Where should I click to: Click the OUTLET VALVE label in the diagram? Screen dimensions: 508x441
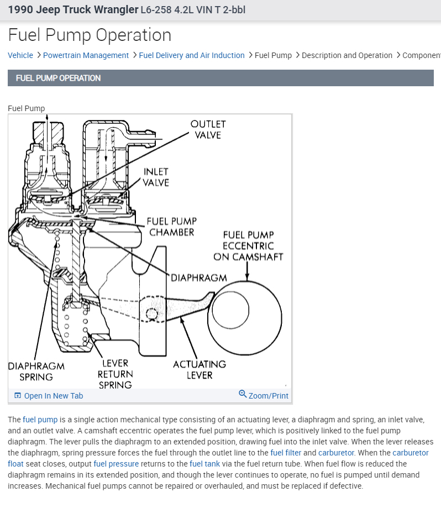[208, 129]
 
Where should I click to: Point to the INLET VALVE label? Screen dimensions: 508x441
[156, 177]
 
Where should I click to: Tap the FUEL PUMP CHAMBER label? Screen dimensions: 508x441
[171, 227]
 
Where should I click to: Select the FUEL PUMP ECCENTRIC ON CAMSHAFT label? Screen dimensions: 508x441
[248, 245]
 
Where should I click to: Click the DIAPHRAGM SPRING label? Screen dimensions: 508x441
[36, 371]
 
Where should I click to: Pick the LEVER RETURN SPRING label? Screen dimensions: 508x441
[115, 374]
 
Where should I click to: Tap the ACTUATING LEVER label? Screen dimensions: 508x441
[199, 369]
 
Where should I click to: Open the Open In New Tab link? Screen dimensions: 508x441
[53, 396]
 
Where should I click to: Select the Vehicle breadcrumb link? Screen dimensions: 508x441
[20, 55]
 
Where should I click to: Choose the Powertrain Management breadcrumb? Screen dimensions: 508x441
[86, 55]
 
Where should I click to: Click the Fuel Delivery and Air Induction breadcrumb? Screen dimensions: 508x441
[192, 55]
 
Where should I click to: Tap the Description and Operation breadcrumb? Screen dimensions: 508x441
[347, 55]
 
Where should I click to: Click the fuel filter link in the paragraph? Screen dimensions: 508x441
[285, 453]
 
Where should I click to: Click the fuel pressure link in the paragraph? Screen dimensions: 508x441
[116, 464]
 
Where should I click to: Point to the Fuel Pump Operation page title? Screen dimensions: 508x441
[90, 35]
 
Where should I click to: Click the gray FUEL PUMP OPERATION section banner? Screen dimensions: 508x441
[221, 78]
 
